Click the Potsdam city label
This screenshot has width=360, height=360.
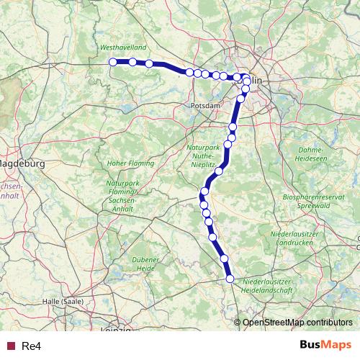coord(206,106)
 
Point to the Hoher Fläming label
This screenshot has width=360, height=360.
coord(130,163)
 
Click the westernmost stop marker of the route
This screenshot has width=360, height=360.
coord(113,62)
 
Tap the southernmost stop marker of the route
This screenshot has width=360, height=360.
coord(230,279)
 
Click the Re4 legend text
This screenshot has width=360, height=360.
coord(32,346)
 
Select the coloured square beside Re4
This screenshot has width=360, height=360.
coord(11,346)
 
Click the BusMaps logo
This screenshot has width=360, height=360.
coord(325,346)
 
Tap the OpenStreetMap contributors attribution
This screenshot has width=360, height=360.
coord(297,323)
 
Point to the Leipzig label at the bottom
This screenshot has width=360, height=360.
coord(117,330)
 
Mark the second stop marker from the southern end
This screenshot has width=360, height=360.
coord(225,258)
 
